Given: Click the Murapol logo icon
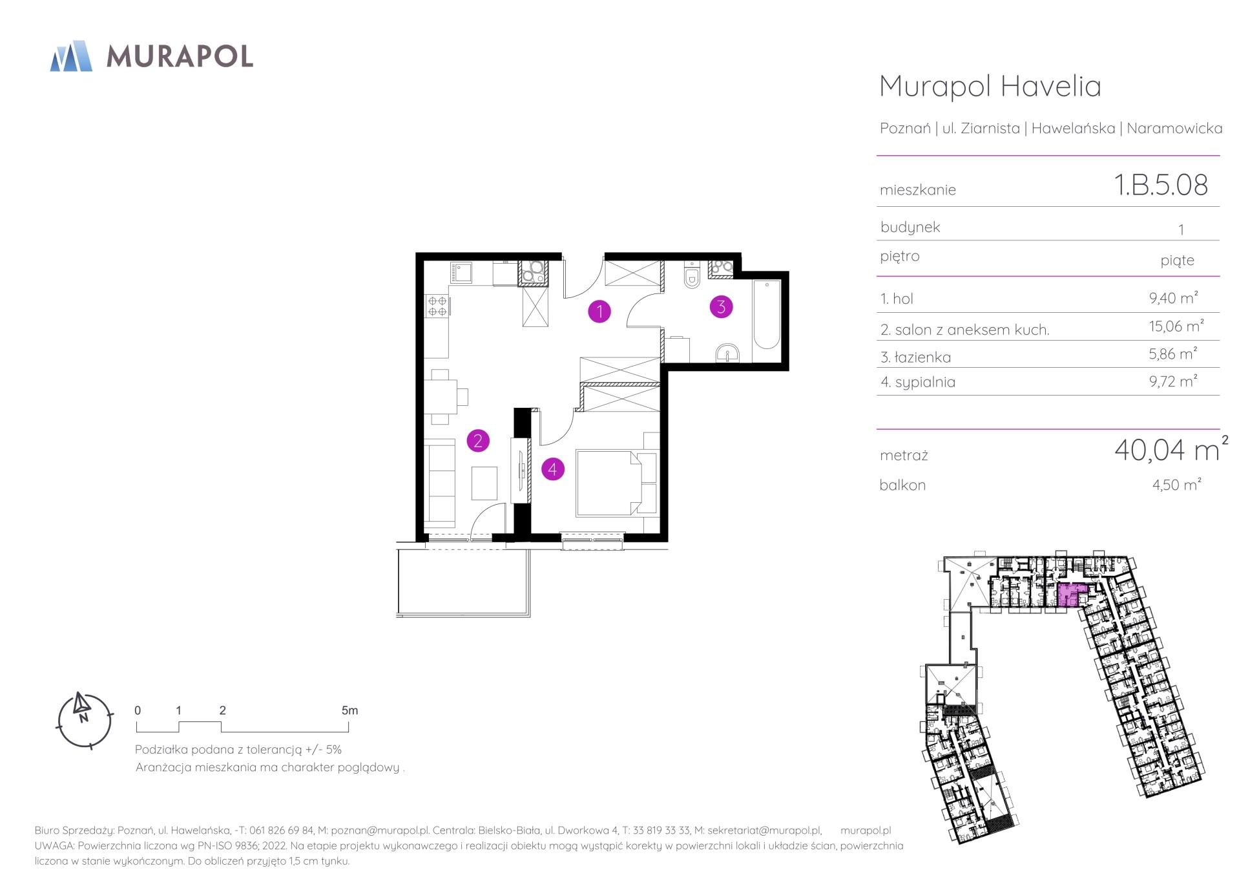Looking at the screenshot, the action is point(71,56).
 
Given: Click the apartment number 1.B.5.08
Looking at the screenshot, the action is point(1161,185).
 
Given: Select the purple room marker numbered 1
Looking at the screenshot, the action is point(599,312).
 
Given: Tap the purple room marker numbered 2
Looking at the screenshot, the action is point(478,441).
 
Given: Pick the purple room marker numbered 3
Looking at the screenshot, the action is point(721,306).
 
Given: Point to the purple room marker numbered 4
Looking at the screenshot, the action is point(552,469).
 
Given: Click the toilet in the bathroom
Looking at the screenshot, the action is point(692,275).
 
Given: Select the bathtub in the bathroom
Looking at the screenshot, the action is point(767,314).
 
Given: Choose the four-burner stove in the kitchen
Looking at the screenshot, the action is point(437,305).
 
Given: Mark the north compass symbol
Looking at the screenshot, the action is point(85,721).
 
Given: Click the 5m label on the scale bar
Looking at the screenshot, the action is point(349,710).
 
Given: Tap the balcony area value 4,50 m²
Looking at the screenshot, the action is point(1176,484).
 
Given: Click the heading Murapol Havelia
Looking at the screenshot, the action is point(990,86).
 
